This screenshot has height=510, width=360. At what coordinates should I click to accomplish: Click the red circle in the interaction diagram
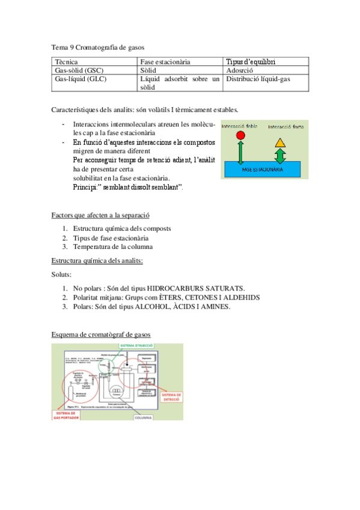tap(240, 136)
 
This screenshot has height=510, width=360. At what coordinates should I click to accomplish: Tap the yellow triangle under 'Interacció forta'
tap(281, 143)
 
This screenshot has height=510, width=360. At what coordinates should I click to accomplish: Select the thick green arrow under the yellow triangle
tap(281, 156)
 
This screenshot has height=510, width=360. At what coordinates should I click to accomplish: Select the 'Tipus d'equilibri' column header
tap(255, 61)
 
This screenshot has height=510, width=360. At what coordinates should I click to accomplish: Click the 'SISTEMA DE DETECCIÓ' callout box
tap(171, 397)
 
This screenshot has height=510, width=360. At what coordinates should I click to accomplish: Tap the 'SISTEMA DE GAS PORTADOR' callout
tap(70, 415)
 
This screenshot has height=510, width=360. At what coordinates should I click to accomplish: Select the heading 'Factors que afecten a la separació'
tap(100, 215)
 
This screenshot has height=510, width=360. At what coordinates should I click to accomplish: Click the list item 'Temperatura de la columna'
tap(112, 247)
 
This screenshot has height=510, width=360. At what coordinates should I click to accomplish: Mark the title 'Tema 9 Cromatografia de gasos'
tap(97, 46)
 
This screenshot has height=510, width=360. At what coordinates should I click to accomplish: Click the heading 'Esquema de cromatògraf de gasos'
tap(101, 334)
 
